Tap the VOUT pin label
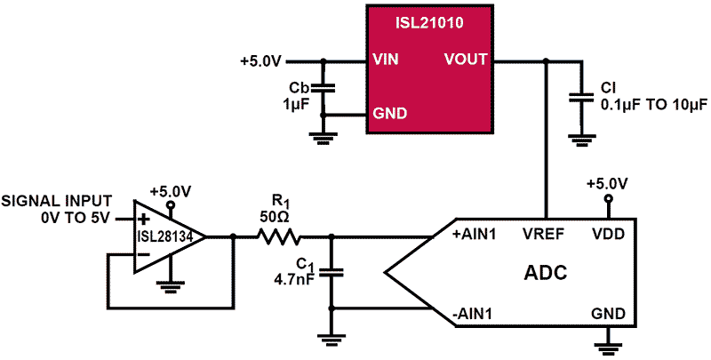pyautogui.click(x=466, y=60)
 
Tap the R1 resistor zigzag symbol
pyautogui.click(x=280, y=236)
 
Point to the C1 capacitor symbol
pyautogui.click(x=332, y=271)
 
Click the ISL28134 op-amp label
pyautogui.click(x=162, y=236)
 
